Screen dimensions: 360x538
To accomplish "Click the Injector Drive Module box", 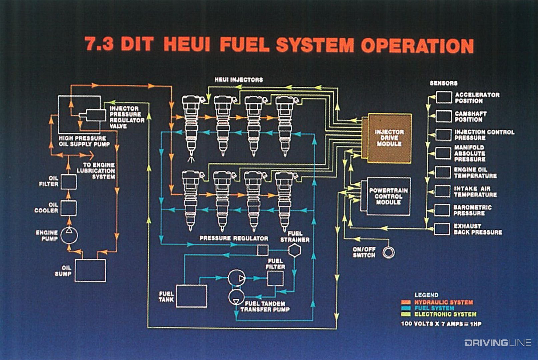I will [389, 138].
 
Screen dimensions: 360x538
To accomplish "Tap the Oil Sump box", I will [90, 270].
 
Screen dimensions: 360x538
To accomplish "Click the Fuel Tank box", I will [191, 296].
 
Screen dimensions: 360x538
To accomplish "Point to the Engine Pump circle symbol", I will [69, 235].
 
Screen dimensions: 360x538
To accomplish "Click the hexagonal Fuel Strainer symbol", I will [295, 250].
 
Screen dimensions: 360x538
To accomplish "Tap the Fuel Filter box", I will [275, 278].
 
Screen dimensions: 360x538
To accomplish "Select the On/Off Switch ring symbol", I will [389, 252].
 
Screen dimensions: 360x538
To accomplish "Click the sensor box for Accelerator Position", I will [444, 97].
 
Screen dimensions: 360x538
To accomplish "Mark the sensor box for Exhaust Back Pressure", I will [442, 229].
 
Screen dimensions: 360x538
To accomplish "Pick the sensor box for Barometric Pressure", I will [443, 210].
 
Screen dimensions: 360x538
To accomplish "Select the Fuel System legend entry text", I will [434, 308].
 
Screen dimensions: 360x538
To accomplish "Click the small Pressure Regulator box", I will [263, 250].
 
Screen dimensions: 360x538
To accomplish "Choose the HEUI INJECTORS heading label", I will [238, 80].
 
